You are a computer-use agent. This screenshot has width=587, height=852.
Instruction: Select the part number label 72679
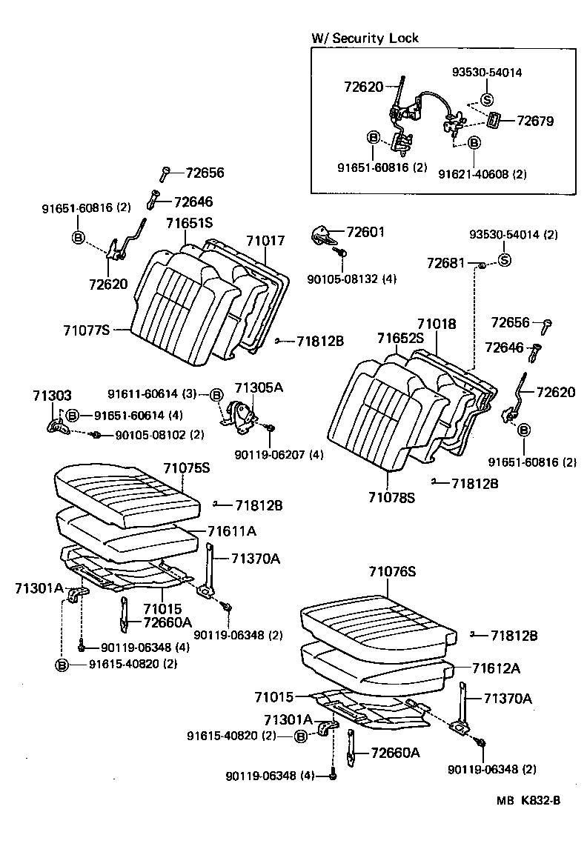pos(535,120)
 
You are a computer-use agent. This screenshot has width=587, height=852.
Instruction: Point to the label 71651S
pos(189,222)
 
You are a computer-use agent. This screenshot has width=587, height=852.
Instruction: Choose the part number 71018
pos(436,324)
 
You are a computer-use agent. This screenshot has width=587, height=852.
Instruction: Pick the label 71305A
pos(259,387)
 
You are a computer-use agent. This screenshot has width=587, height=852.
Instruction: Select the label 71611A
pos(232,531)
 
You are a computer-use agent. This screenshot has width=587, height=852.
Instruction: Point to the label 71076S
pos(393,571)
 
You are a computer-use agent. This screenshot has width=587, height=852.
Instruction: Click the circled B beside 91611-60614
pos(216,395)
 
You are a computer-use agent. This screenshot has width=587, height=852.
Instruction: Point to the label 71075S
pos(186,468)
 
